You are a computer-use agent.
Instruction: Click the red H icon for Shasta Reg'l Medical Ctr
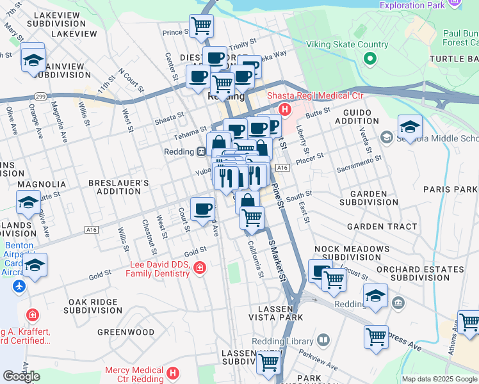click(x=284, y=110)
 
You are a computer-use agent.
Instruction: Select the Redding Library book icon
click(x=324, y=340)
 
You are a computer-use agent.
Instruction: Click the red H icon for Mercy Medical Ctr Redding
click(x=172, y=372)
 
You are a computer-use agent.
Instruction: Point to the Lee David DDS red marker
click(x=200, y=268)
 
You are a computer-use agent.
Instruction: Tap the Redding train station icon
click(x=200, y=152)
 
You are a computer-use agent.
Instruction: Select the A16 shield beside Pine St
click(x=284, y=167)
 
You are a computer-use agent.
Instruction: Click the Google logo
click(x=21, y=376)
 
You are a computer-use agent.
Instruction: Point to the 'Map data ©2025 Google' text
click(x=439, y=379)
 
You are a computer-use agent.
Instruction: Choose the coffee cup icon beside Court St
click(x=202, y=209)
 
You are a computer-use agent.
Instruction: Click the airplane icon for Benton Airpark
click(x=18, y=285)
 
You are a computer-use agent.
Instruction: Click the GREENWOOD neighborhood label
click(x=126, y=332)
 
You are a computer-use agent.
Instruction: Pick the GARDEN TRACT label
click(x=382, y=227)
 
